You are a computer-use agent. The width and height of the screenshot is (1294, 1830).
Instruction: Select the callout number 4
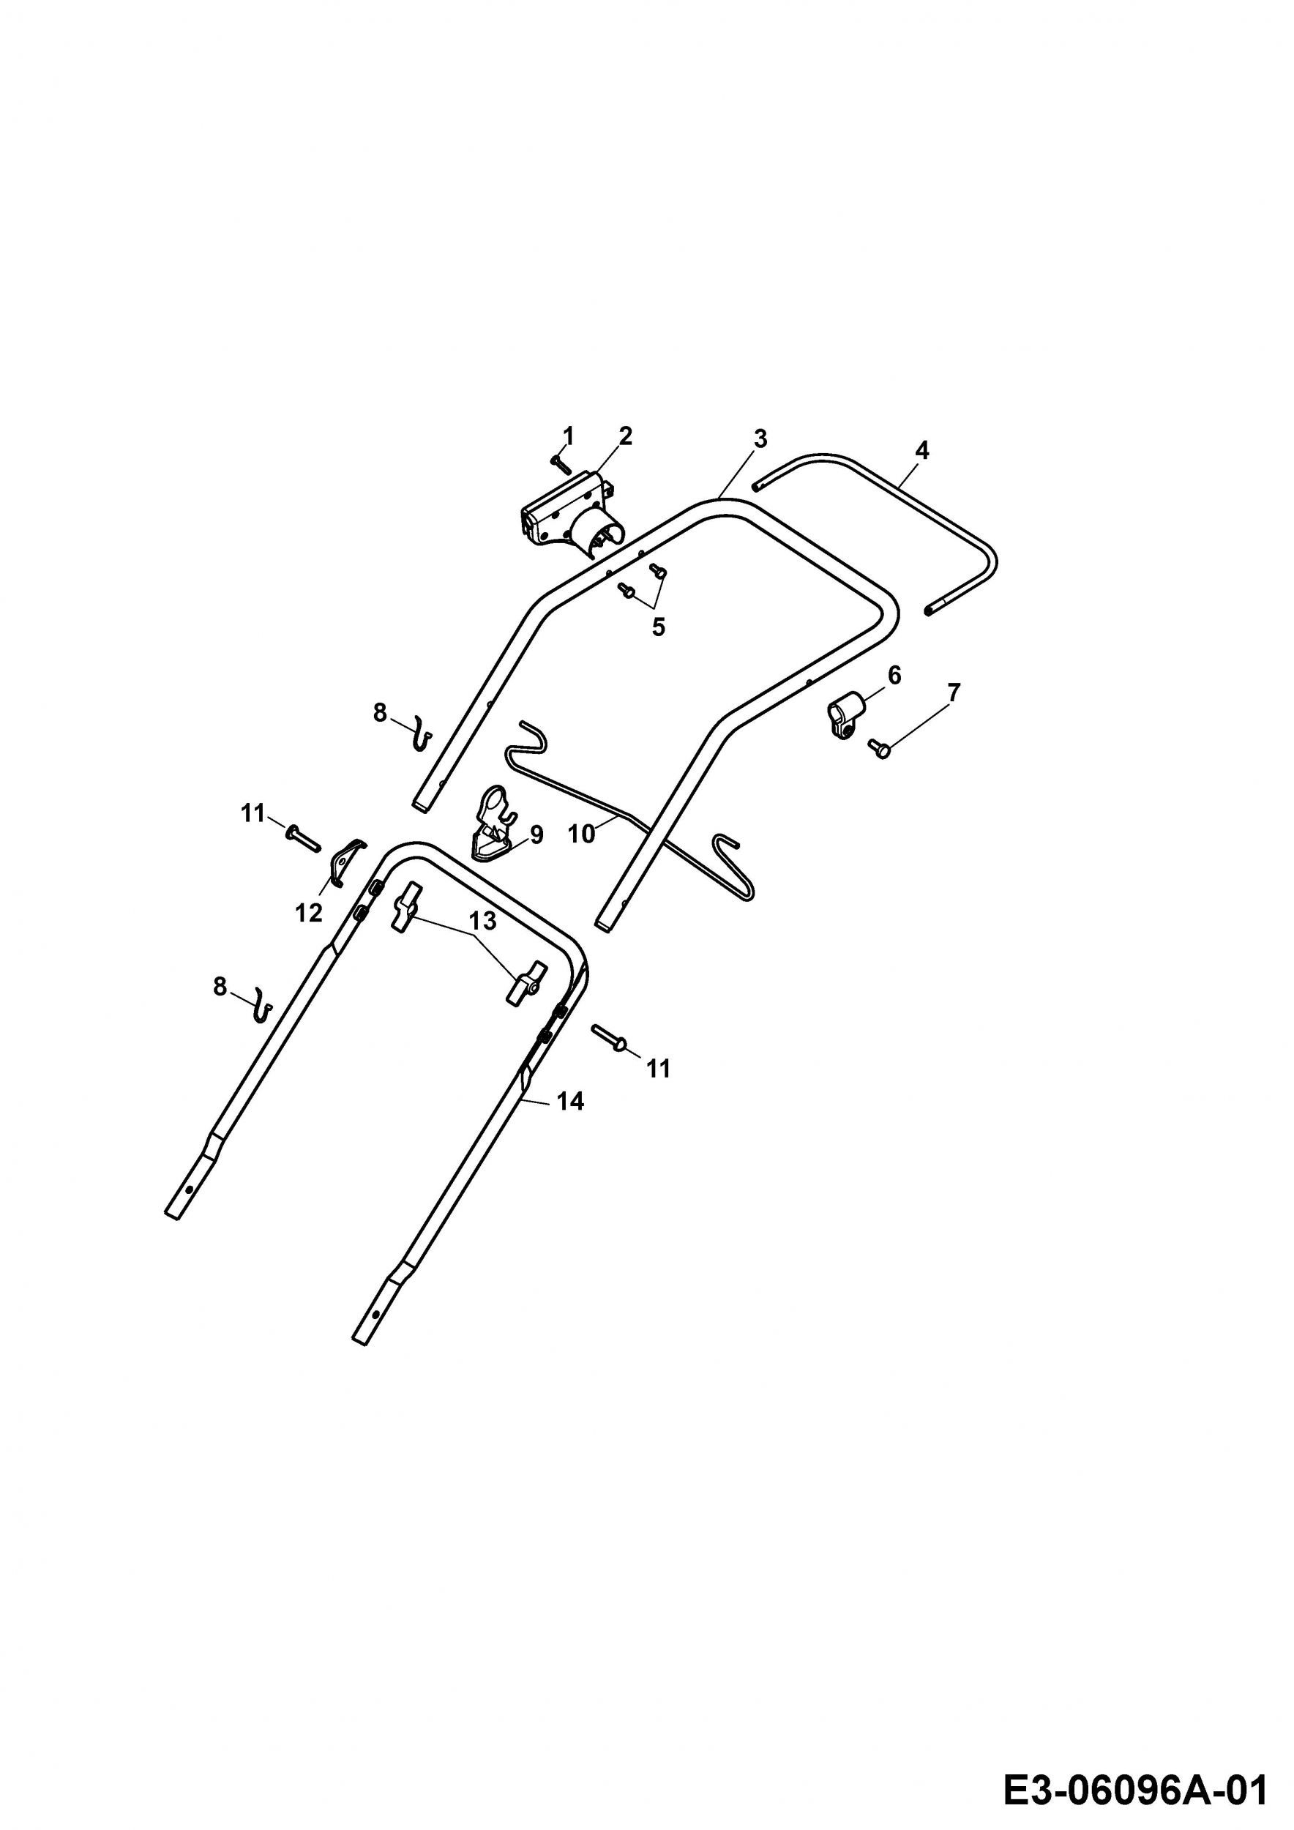tap(922, 450)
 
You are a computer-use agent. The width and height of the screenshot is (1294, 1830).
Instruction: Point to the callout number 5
tap(658, 627)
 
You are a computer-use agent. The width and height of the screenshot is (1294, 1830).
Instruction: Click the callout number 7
tap(954, 692)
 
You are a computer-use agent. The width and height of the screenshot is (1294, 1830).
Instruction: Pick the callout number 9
tap(537, 834)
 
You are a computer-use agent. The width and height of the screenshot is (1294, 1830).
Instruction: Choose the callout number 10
tap(582, 834)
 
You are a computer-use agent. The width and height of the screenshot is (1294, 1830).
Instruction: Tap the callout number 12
tap(309, 913)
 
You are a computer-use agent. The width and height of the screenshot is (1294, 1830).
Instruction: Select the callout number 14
tap(570, 1102)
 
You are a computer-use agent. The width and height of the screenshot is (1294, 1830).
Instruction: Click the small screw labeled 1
tap(561, 463)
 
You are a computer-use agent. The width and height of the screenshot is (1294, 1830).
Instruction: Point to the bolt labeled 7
tap(879, 748)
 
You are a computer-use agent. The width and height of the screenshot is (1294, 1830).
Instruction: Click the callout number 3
tap(760, 438)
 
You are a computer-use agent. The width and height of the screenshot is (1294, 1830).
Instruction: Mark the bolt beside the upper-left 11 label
tap(302, 837)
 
